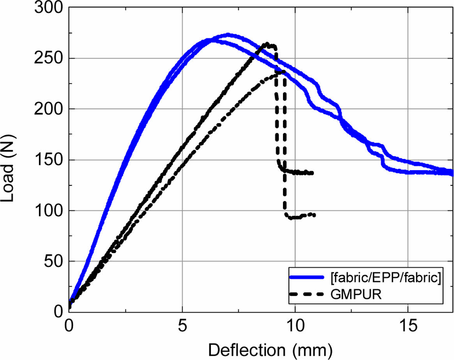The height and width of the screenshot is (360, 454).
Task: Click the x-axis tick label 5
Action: [182, 325]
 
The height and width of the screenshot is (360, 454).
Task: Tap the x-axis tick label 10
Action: [295, 325]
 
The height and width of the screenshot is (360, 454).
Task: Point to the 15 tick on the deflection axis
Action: [408, 325]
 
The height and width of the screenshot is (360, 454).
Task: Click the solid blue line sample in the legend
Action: [307, 277]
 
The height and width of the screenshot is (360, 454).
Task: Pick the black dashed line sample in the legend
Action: [307, 295]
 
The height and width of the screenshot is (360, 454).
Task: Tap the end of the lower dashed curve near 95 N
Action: [314, 215]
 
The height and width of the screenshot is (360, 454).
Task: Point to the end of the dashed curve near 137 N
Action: [312, 173]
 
